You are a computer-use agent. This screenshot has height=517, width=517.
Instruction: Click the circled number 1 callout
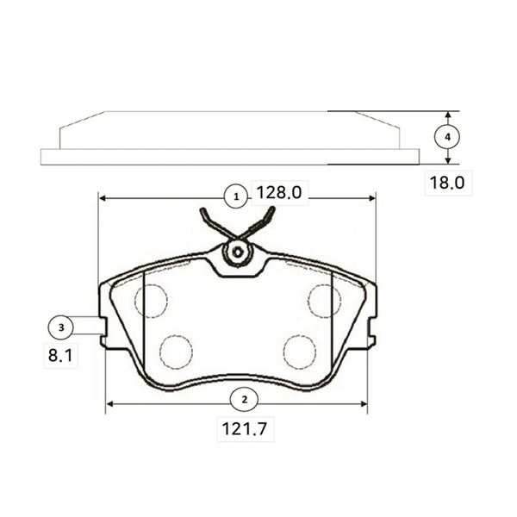click(x=236, y=197)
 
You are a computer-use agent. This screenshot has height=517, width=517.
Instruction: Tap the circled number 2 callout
click(x=245, y=400)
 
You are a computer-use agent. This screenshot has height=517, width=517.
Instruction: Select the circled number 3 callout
click(x=61, y=327)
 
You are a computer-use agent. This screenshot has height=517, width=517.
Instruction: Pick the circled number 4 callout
click(x=447, y=136)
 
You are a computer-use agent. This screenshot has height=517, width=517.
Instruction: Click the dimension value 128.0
click(x=279, y=192)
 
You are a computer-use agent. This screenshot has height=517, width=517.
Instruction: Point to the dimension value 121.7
click(x=245, y=429)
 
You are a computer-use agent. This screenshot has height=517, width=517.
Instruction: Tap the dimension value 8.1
click(x=60, y=355)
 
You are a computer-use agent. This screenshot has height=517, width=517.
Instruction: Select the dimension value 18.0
click(x=447, y=183)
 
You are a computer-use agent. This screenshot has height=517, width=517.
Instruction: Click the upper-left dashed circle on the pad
click(x=152, y=301)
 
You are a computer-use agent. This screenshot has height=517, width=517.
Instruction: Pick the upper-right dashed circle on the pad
click(x=325, y=301)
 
